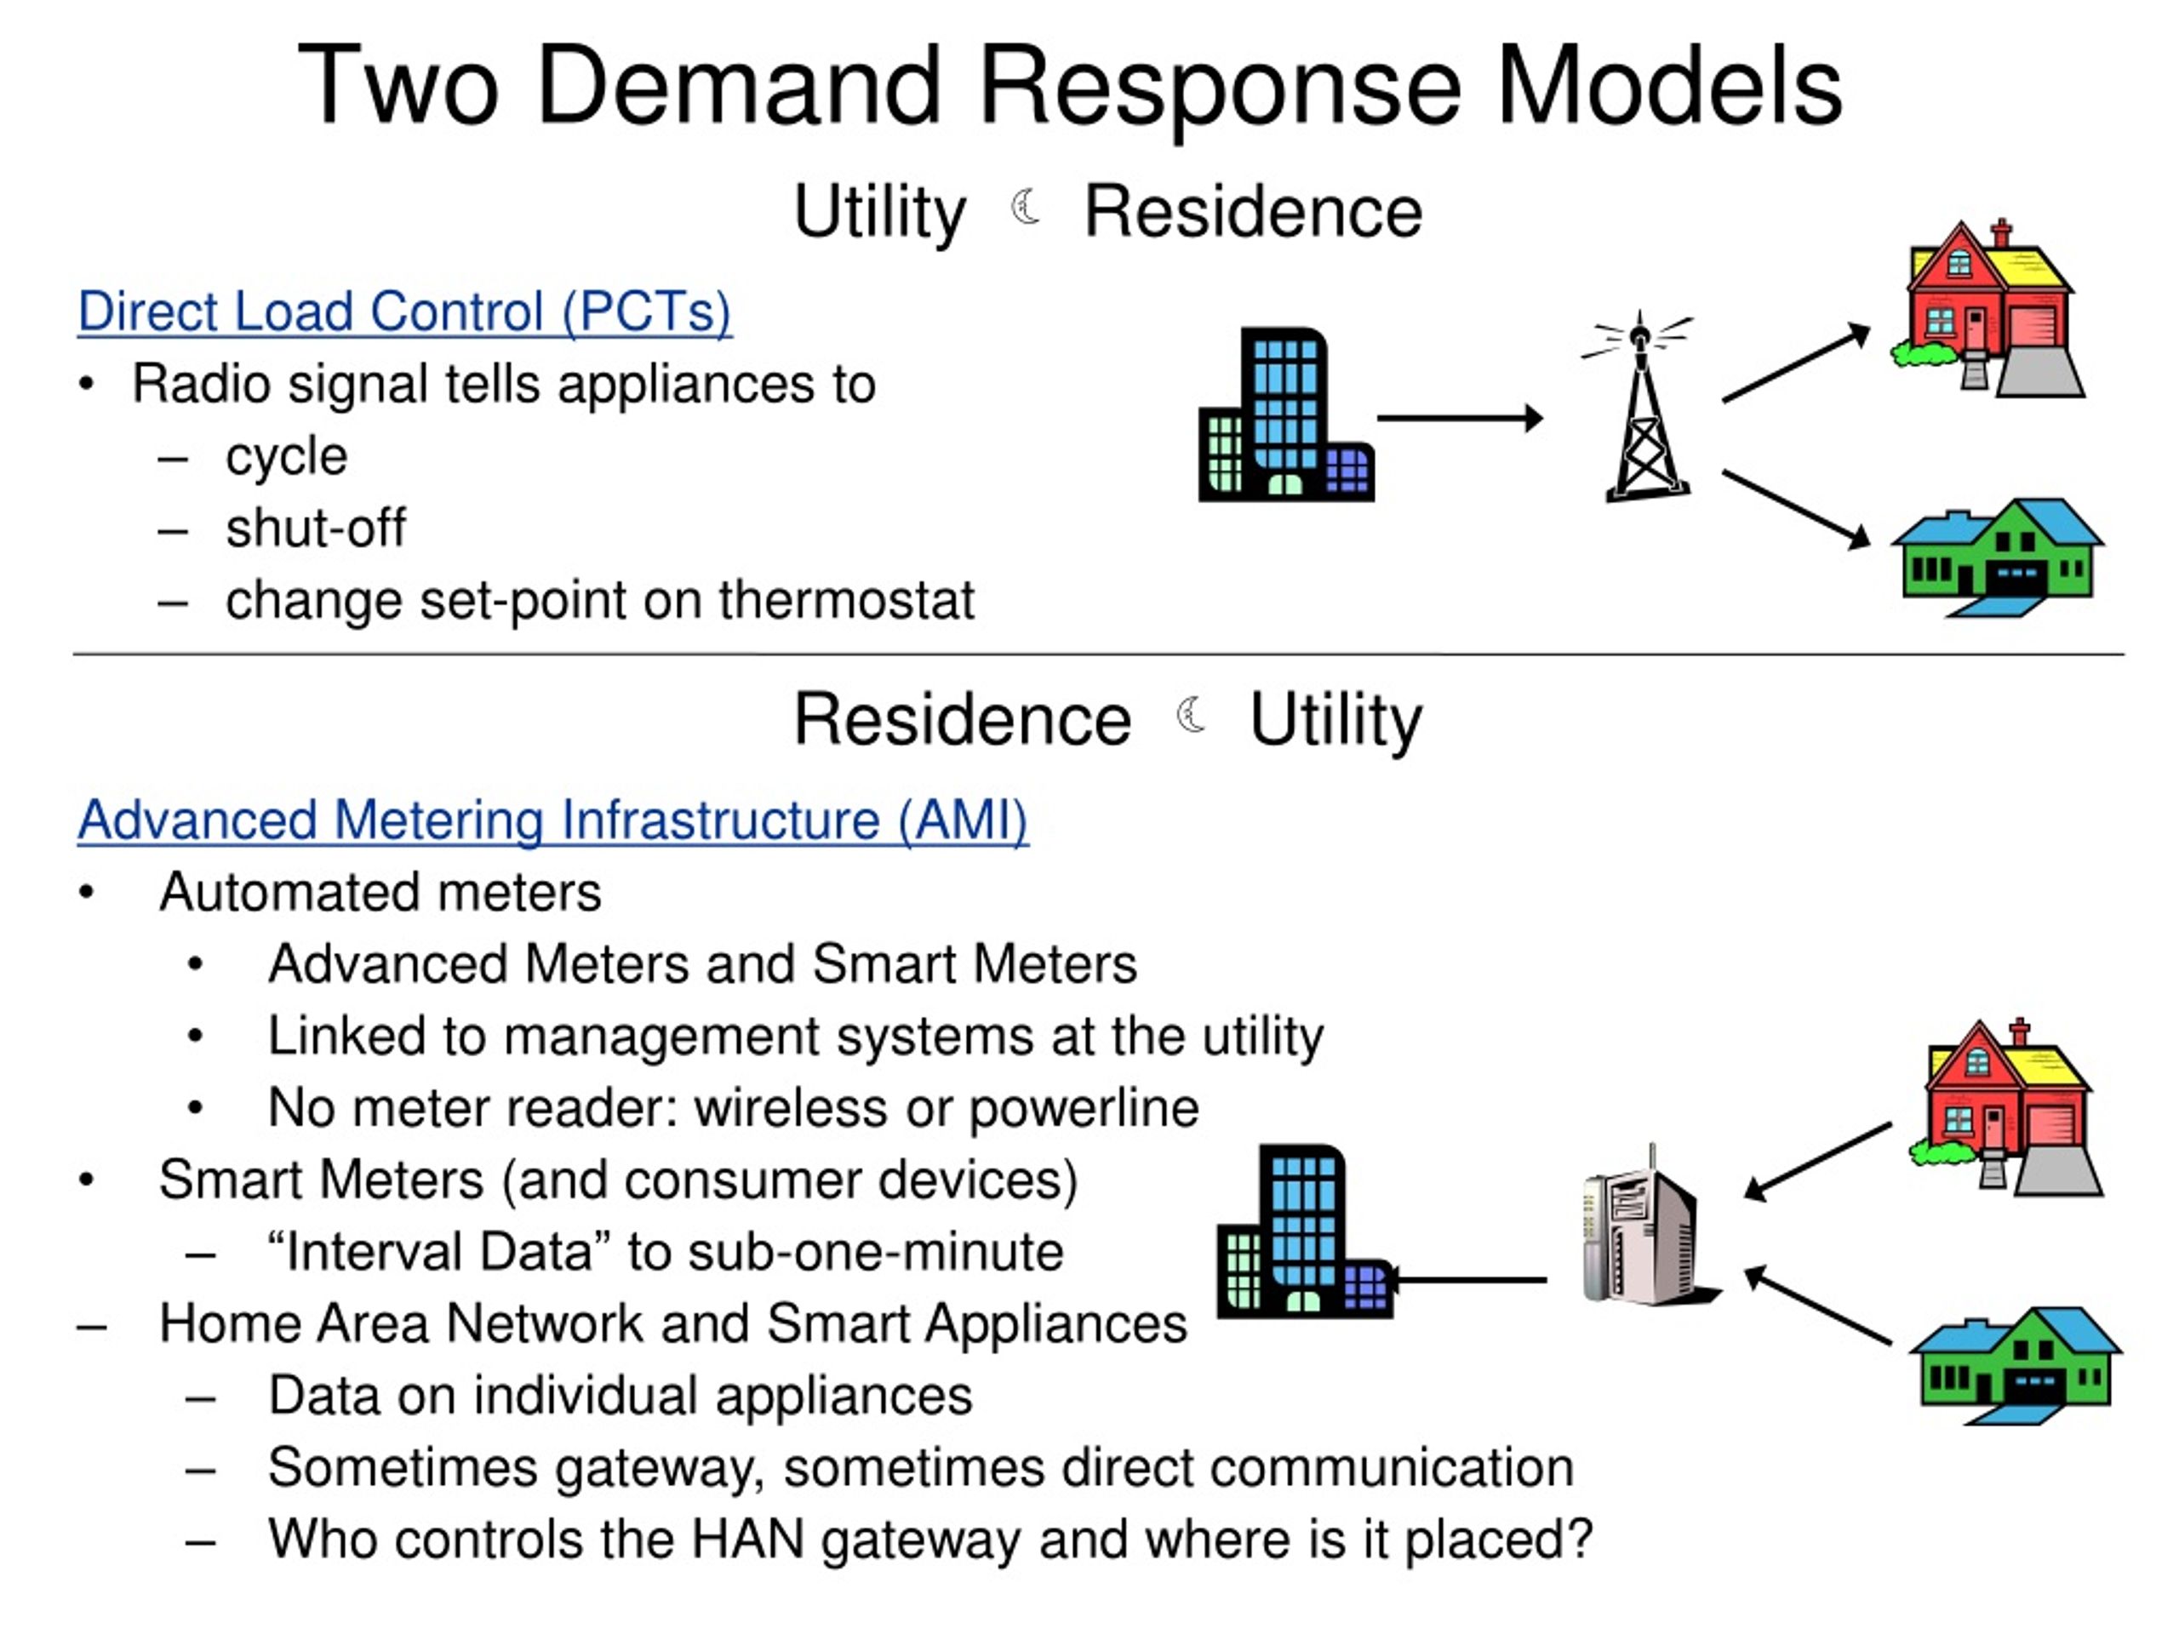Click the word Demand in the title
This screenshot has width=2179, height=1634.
click(x=739, y=87)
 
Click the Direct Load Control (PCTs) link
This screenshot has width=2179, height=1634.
click(x=405, y=312)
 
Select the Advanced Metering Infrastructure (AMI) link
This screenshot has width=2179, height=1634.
click(x=552, y=820)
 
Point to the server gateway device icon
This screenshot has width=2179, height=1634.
click(x=1649, y=1226)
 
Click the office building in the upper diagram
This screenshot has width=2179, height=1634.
click(x=1285, y=414)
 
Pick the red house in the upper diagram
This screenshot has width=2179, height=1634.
click(x=1987, y=308)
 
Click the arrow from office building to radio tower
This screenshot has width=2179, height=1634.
click(x=1460, y=419)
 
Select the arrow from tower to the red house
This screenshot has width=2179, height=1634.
click(x=1796, y=363)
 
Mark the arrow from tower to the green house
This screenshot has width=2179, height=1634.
click(x=1796, y=509)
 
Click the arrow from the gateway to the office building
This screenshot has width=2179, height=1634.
click(x=1467, y=1281)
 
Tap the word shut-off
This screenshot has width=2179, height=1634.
click(x=315, y=528)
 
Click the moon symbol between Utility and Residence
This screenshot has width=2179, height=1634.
click(x=1027, y=206)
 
